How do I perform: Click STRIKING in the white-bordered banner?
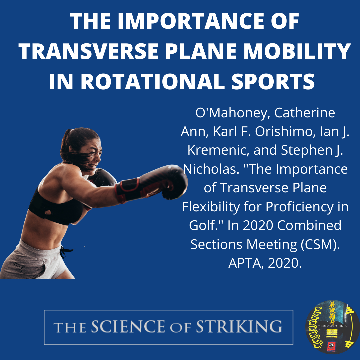pos(239,327)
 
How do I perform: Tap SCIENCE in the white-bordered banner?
pos(128,327)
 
